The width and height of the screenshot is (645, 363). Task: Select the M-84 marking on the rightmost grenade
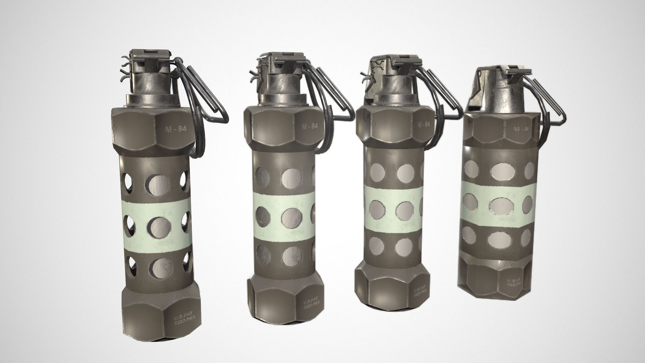(x=521, y=129)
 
